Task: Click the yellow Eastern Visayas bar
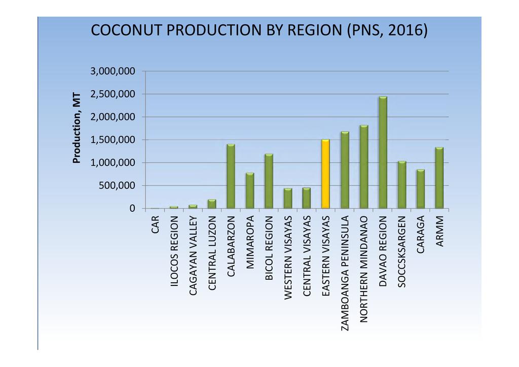pyautogui.click(x=325, y=174)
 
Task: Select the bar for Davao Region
pyautogui.click(x=383, y=153)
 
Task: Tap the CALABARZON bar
pyautogui.click(x=231, y=176)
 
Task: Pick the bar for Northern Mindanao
pyautogui.click(x=364, y=167)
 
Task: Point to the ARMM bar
pyautogui.click(x=439, y=178)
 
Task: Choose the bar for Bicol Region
pyautogui.click(x=269, y=181)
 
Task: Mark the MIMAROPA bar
pyautogui.click(x=250, y=191)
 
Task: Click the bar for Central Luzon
pyautogui.click(x=212, y=204)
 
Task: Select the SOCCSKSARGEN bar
pyautogui.click(x=402, y=185)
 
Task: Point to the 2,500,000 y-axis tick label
pyautogui.click(x=113, y=94)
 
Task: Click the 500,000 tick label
pyautogui.click(x=117, y=186)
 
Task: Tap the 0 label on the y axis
pyautogui.click(x=132, y=208)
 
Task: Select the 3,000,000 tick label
pyautogui.click(x=113, y=71)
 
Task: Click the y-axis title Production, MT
pyautogui.click(x=77, y=128)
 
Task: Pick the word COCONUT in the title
pyautogui.click(x=127, y=30)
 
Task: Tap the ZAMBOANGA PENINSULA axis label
pyautogui.click(x=345, y=273)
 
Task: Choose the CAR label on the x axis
pyautogui.click(x=155, y=225)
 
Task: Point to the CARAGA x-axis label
pyautogui.click(x=420, y=235)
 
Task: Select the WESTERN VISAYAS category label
pyautogui.click(x=288, y=258)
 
